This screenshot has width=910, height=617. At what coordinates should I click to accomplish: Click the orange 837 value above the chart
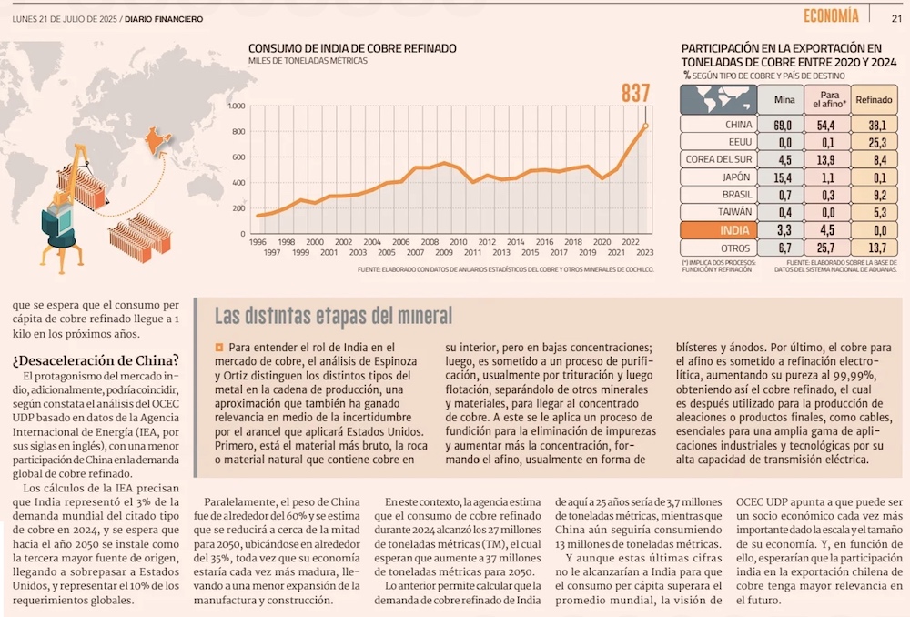636,93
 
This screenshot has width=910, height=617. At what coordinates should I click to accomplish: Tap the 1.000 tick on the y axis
236,106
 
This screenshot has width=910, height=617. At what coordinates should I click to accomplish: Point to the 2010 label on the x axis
459,241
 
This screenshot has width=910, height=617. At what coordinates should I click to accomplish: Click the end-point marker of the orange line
645,126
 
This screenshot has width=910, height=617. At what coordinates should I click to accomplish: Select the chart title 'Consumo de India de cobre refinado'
352,48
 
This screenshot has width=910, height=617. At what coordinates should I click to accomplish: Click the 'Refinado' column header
874,99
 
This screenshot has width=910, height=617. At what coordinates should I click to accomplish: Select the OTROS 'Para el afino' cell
827,248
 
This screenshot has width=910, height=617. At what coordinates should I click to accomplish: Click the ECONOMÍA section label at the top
831,15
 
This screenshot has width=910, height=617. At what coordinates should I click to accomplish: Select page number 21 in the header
895,16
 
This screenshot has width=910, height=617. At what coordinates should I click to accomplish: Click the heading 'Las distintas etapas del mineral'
333,316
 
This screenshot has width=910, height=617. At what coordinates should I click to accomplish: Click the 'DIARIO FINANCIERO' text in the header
164,18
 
